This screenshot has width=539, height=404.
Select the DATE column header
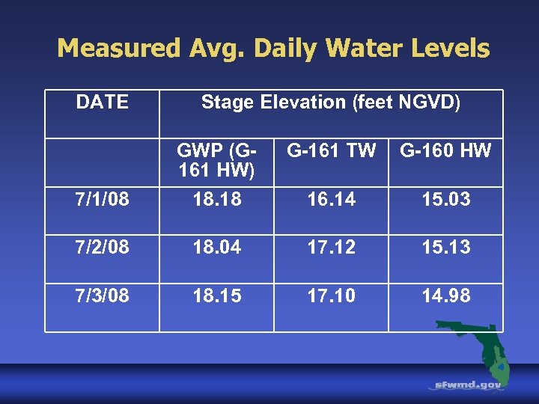(102, 102)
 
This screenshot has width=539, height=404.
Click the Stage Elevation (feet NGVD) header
(331, 102)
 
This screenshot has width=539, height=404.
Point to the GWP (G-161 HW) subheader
(216, 160)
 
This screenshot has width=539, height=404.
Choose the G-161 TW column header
(331, 151)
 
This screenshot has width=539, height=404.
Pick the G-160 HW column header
(445, 151)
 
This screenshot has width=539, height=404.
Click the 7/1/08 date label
(102, 200)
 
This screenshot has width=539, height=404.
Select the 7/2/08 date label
(102, 248)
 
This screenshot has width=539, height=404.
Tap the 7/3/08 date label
(102, 296)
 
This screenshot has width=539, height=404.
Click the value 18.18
(216, 200)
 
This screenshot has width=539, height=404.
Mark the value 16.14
(331, 200)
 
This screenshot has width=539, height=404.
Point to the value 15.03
(445, 200)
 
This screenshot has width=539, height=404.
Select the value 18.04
(216, 248)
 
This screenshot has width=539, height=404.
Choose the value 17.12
(331, 248)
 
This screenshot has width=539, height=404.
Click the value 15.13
(445, 248)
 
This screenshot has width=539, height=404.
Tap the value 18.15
(216, 296)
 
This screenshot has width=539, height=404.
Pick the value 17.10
(331, 296)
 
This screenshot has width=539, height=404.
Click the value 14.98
(445, 296)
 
